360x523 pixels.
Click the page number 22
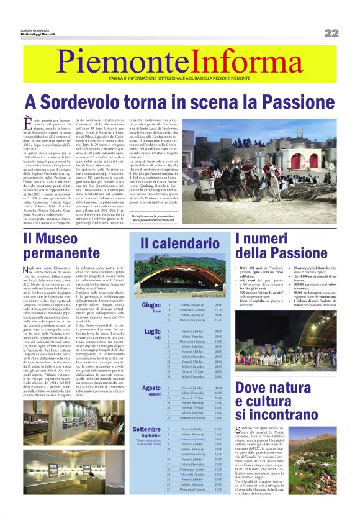[x=331, y=33]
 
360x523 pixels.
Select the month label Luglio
[x=152, y=332]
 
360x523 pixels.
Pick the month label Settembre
[x=147, y=429]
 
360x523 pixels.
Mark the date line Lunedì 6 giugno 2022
[x=37, y=29]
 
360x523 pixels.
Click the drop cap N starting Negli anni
[x=28, y=268]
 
